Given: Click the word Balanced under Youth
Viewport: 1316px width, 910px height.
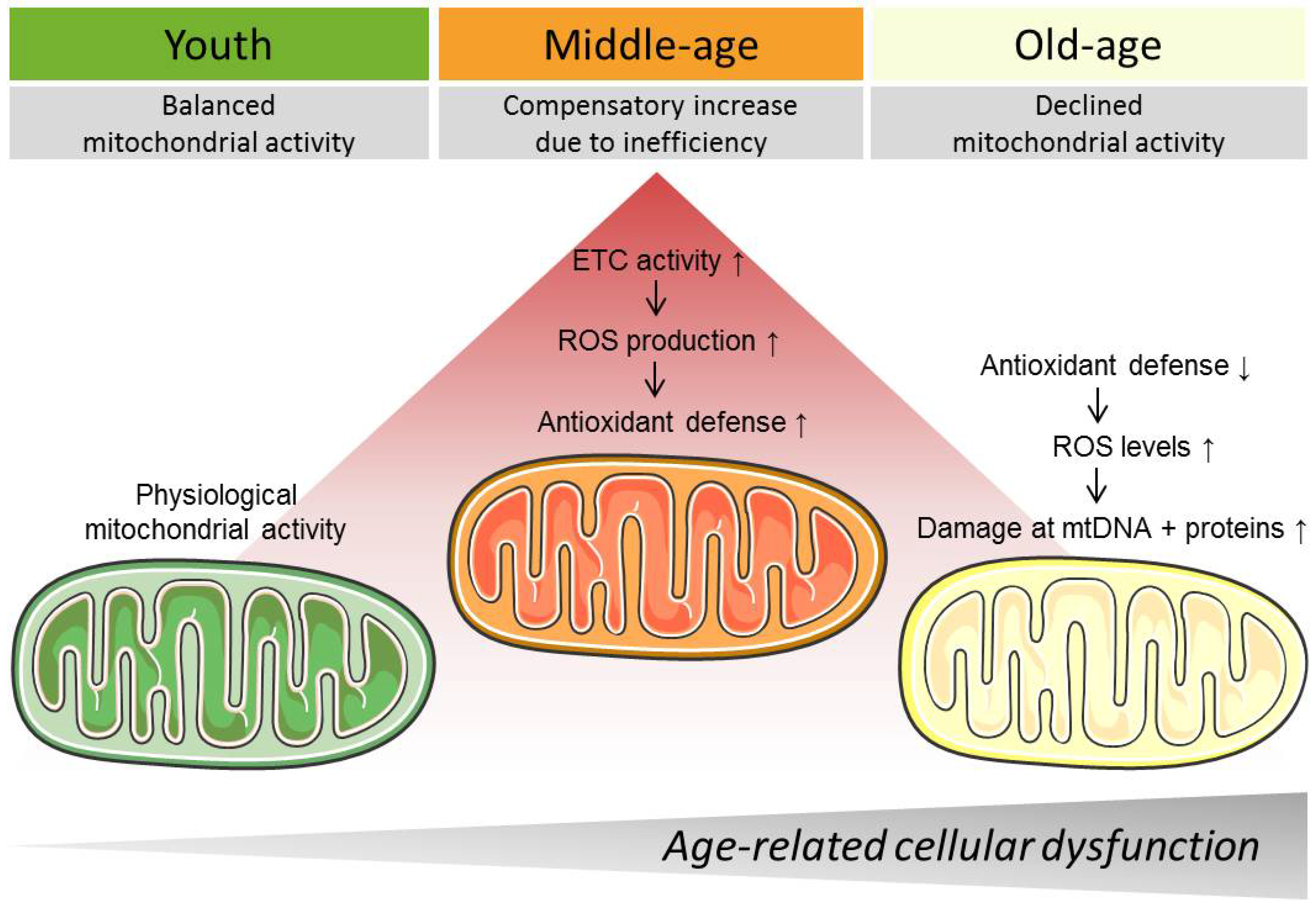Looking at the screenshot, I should coord(219,105).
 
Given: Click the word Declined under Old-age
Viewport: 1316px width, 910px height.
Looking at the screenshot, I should coord(1088,105).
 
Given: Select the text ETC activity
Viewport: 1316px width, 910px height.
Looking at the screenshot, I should coord(646,261).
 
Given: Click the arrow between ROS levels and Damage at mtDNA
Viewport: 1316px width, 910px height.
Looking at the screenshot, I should coord(1097,486).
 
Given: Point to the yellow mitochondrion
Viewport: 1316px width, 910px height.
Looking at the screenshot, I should coord(1103,663).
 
